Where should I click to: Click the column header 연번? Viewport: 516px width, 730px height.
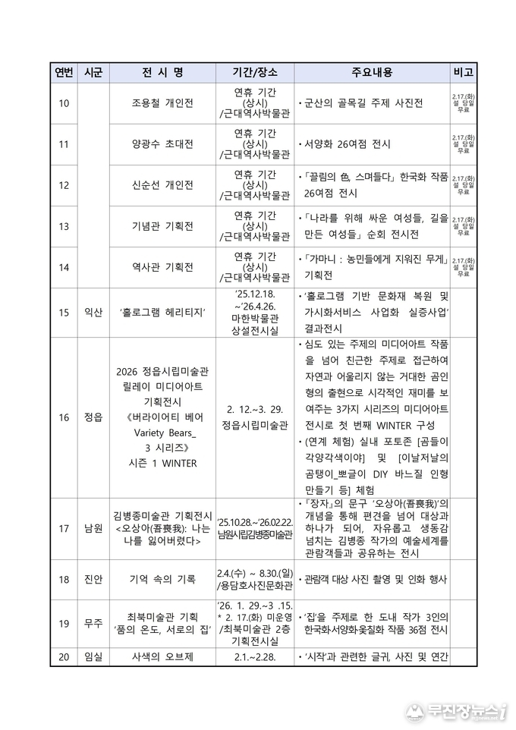click(x=64, y=73)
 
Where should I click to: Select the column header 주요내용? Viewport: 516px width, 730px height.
click(x=372, y=73)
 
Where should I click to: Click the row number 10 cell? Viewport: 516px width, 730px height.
click(x=64, y=103)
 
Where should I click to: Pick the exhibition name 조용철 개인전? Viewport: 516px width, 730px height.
click(x=162, y=103)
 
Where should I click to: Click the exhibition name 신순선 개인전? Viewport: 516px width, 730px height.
click(x=162, y=185)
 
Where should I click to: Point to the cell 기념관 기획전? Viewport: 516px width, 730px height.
click(x=162, y=226)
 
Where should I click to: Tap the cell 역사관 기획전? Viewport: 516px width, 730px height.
click(x=162, y=267)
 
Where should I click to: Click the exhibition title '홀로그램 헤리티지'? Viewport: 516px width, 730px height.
click(x=162, y=312)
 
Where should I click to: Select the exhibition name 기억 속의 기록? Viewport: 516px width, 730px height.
click(x=162, y=580)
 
